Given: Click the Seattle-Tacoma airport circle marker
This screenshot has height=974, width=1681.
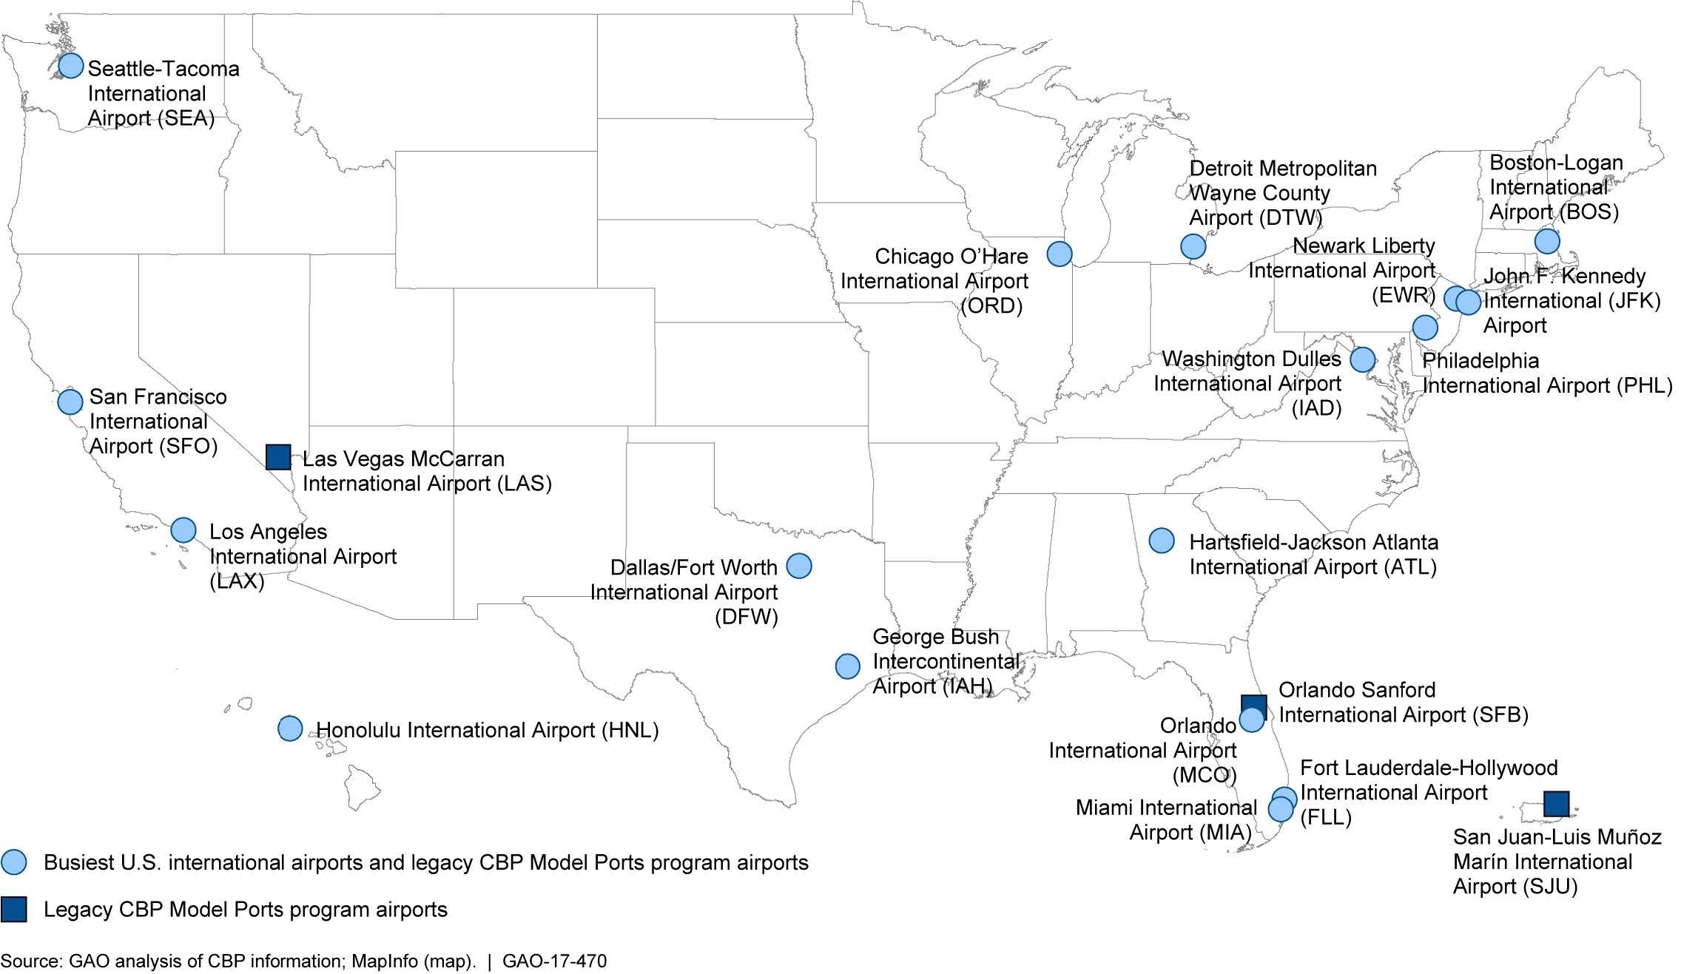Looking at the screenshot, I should pos(70,66).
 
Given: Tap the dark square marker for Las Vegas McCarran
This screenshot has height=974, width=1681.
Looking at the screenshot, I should pos(278,457).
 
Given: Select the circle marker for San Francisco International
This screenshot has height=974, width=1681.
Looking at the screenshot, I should pos(70,402).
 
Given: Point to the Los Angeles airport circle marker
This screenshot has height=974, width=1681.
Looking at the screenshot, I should pos(183,530).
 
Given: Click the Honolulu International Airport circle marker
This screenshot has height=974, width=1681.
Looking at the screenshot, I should pos(290,728).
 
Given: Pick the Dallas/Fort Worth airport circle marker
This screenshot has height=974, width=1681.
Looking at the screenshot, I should pos(799,566).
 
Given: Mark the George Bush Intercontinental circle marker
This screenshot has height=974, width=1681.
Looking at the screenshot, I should pos(848,666).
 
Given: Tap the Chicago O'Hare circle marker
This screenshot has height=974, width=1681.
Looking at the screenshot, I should pos(1060,254).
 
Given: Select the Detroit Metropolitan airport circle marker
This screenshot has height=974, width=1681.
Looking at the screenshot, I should pos(1193,246).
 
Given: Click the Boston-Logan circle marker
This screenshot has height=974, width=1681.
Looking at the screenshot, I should pos(1547,241).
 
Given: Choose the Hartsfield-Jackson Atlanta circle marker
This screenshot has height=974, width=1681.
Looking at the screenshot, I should pos(1162,541).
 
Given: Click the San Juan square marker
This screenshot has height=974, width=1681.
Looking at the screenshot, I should pos(1557,804).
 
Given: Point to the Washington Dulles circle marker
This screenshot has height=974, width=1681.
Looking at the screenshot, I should pos(1363,359).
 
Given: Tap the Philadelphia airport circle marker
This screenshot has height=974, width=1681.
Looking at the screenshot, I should pos(1425,327).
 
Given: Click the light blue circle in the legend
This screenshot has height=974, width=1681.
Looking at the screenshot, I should pos(13,862).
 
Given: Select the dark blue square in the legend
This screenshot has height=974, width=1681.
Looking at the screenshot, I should pos(13,910).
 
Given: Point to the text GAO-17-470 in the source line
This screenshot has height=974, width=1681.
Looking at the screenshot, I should pos(554,961).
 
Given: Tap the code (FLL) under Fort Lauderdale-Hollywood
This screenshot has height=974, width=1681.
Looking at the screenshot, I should pos(1326,818).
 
